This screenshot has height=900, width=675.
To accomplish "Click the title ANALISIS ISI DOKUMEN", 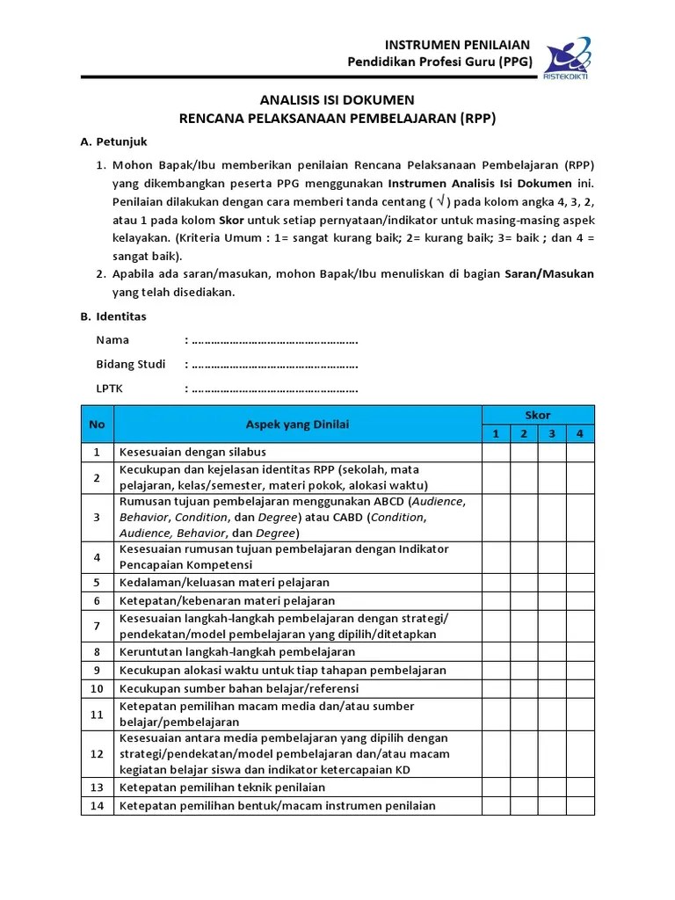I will pos(337,100).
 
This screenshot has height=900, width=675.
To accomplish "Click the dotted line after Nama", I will pos(274,340).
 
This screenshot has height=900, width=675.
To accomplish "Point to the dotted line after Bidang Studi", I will pos(274,364).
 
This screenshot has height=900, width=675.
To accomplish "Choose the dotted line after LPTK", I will pos(274,388).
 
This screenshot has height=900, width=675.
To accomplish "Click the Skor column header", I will pos(538,415).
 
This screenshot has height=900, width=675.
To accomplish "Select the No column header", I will pos(97,425).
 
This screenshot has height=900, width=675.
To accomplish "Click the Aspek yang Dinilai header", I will pos(297,425).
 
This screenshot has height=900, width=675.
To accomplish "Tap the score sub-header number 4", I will pos(580,433).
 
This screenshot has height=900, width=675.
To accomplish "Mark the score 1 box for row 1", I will pos(496,452).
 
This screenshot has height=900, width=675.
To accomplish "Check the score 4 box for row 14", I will pos(580,806).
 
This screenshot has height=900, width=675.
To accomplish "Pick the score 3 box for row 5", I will pos(552,582).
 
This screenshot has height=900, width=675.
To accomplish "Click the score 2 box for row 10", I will pos(524,688).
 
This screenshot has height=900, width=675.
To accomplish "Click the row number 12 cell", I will pos(97,753).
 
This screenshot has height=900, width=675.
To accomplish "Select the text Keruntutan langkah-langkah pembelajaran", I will pos(237,651).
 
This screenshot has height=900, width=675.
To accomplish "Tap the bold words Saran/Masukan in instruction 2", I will pos(548,274).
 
